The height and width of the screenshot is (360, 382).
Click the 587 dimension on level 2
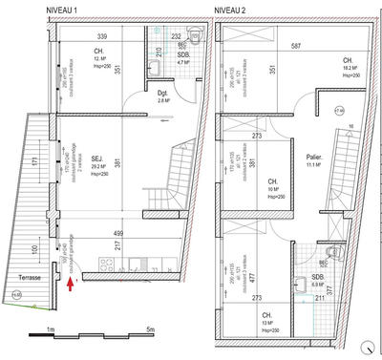(x=296, y=45)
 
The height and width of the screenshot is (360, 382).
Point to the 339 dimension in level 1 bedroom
(x=100, y=37)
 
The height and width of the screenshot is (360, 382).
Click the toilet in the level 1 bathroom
(x=192, y=39)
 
